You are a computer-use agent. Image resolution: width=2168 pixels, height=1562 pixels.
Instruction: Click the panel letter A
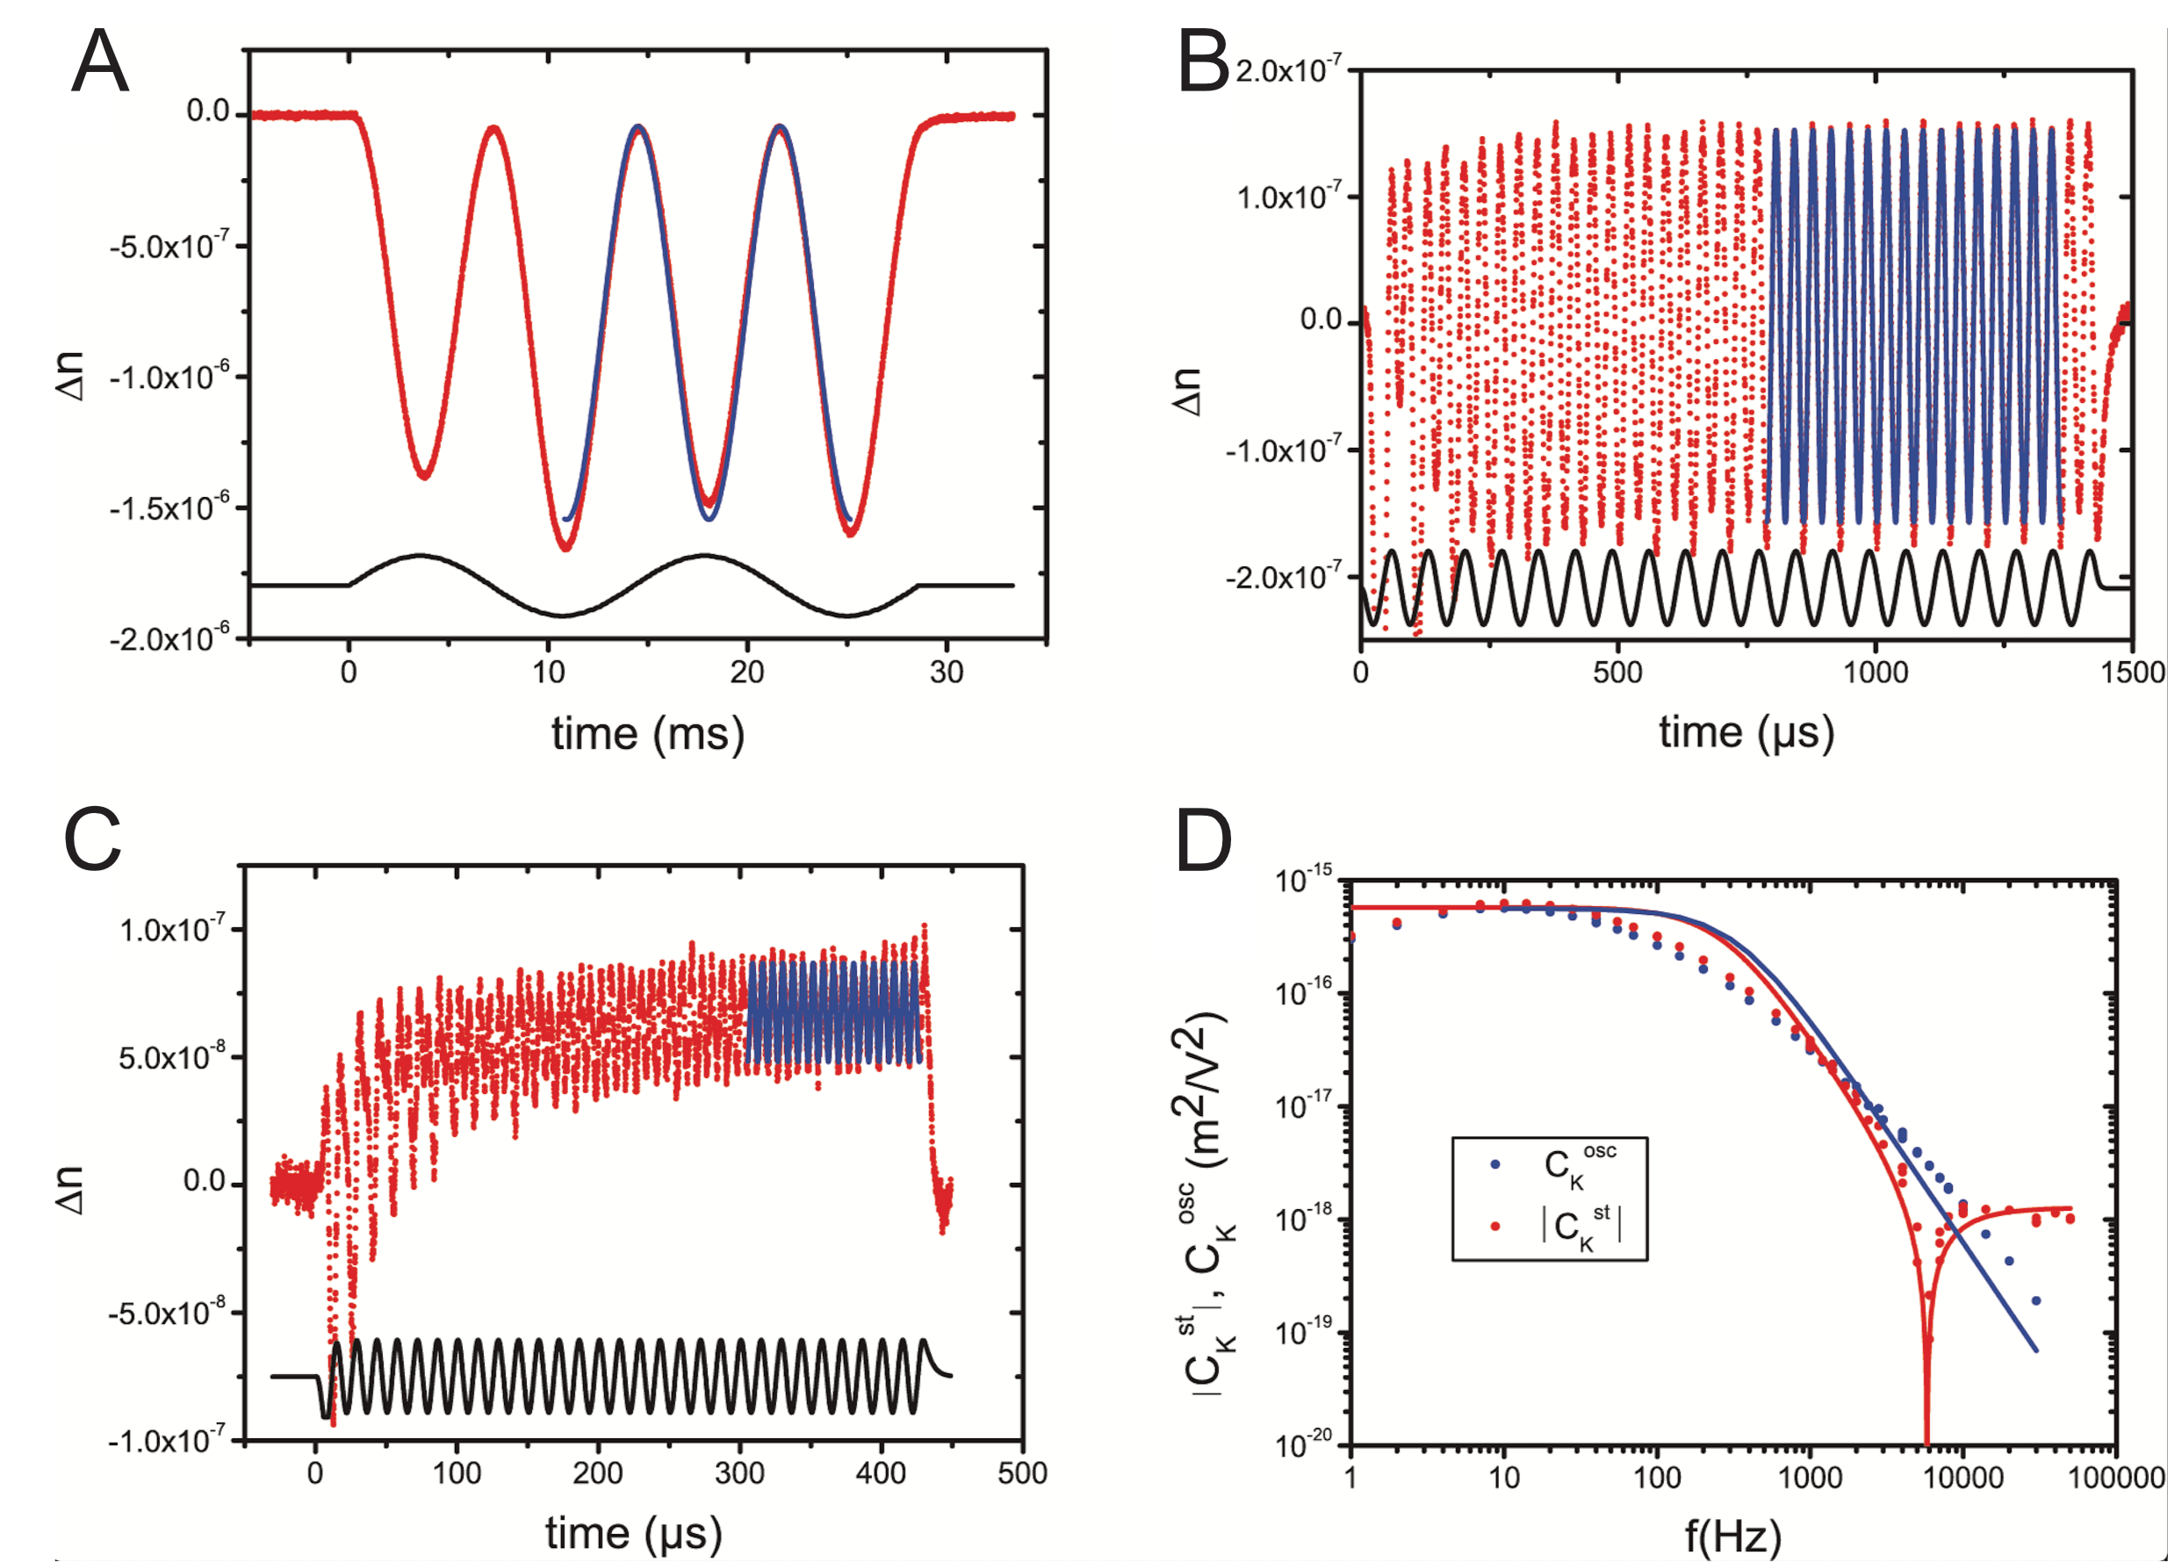pyautogui.click(x=99, y=61)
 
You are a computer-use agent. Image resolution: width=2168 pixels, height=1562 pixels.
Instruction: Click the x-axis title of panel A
pyautogui.click(x=647, y=734)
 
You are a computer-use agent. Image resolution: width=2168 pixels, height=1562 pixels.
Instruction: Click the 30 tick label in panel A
pyautogui.click(x=947, y=672)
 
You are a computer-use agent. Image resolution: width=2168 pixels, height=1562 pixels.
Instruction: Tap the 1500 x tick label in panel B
pyautogui.click(x=2133, y=672)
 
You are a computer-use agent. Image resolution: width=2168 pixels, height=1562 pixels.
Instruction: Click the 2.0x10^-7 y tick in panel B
pyautogui.click(x=1288, y=69)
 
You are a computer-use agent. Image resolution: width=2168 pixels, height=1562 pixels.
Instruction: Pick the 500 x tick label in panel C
pyautogui.click(x=1022, y=1473)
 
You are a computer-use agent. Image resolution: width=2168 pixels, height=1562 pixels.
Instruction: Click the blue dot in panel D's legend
pyautogui.click(x=1496, y=1164)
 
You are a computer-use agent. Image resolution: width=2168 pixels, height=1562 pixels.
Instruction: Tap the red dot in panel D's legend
pyautogui.click(x=1496, y=1226)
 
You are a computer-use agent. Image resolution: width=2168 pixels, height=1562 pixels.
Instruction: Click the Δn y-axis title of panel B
pyautogui.click(x=1188, y=392)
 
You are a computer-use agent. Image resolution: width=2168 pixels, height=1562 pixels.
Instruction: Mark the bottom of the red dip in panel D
pyautogui.click(x=1927, y=1440)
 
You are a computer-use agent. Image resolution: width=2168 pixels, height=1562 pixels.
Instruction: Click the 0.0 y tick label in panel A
pyautogui.click(x=207, y=112)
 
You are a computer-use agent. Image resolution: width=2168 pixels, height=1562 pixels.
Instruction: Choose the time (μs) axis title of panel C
pyautogui.click(x=634, y=1534)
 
